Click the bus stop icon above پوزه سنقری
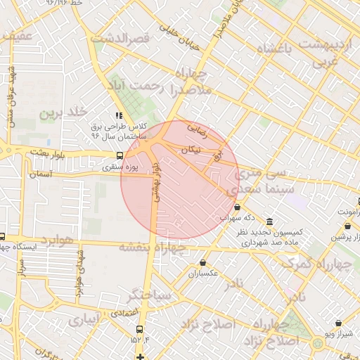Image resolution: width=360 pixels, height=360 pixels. [119, 155]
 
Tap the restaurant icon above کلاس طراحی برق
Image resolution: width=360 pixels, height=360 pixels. [119, 115]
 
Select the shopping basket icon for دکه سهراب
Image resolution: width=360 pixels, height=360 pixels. [238, 207]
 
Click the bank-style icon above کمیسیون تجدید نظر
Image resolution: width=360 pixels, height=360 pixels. [270, 221]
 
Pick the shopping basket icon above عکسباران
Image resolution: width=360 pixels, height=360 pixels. [202, 262]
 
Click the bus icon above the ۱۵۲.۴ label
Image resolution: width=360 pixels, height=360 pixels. [140, 329]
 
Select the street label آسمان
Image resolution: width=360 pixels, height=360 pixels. [42, 172]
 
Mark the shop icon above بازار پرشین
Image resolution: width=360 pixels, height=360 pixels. [349, 226]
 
